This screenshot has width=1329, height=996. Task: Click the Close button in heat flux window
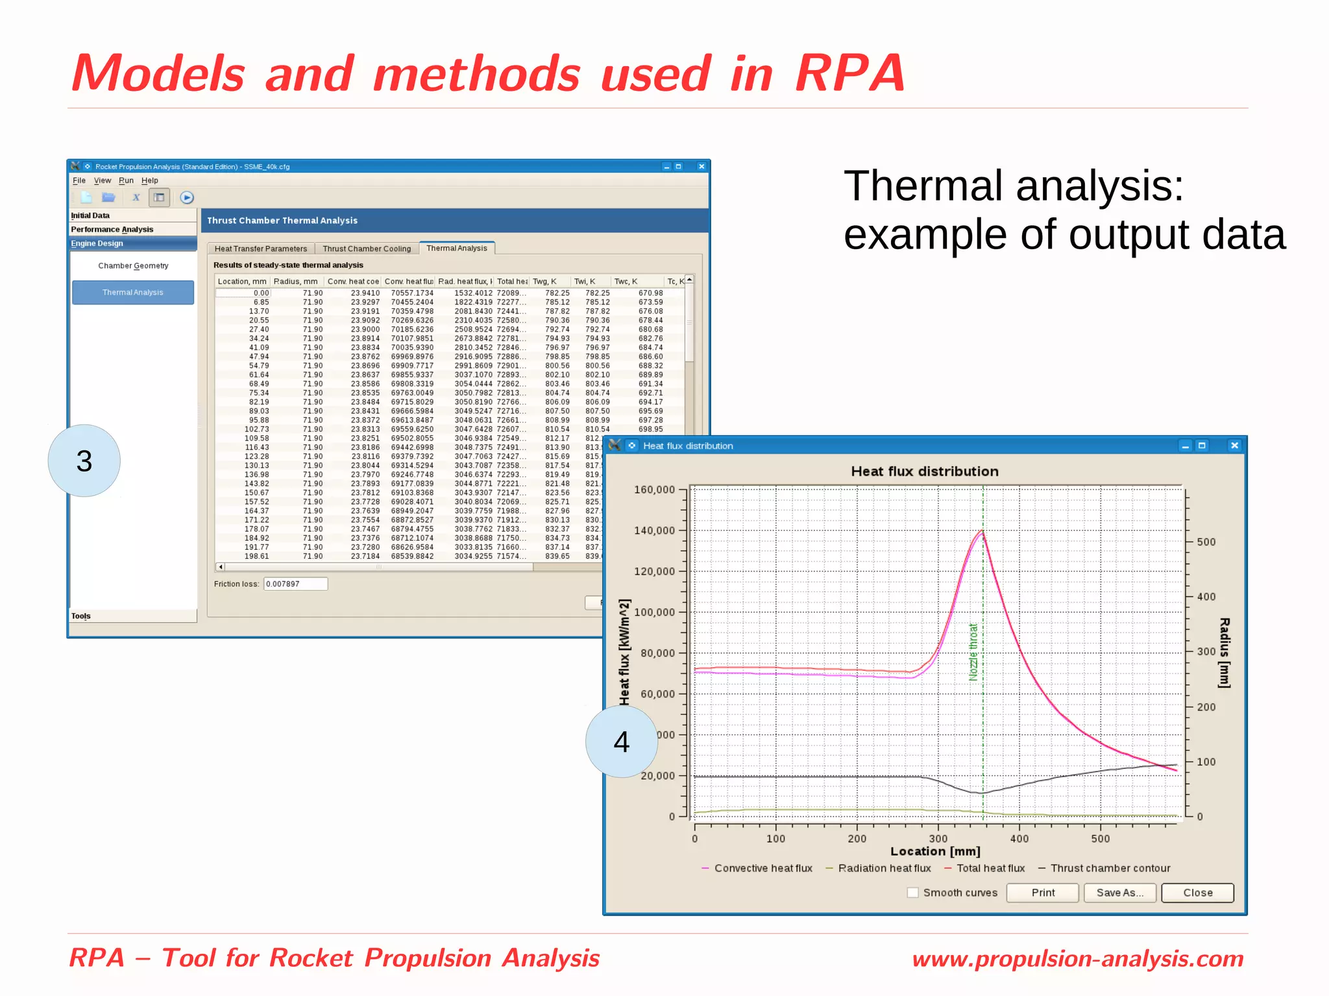1197,893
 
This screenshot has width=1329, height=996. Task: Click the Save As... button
1119,893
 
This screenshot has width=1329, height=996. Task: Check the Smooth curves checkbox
913,893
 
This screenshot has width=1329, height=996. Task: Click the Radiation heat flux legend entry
884,868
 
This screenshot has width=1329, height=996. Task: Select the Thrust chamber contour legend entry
1110,868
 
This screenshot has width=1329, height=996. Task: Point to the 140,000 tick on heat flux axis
654,531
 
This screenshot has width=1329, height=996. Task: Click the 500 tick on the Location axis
1101,838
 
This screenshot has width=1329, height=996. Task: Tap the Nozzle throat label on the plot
973,651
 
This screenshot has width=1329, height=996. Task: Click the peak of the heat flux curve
981,532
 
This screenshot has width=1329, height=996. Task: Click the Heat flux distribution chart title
924,472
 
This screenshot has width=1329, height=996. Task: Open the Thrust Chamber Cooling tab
367,249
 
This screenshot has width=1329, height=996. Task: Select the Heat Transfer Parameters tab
261,249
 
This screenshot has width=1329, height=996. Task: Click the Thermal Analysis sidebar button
133,293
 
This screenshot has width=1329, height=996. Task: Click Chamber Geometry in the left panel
133,266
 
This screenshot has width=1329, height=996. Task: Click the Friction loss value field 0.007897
295,584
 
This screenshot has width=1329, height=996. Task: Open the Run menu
126,180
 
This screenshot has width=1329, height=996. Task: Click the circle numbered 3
84,461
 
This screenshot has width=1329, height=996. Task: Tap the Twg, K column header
544,282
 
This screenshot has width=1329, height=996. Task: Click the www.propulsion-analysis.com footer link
1077,958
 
